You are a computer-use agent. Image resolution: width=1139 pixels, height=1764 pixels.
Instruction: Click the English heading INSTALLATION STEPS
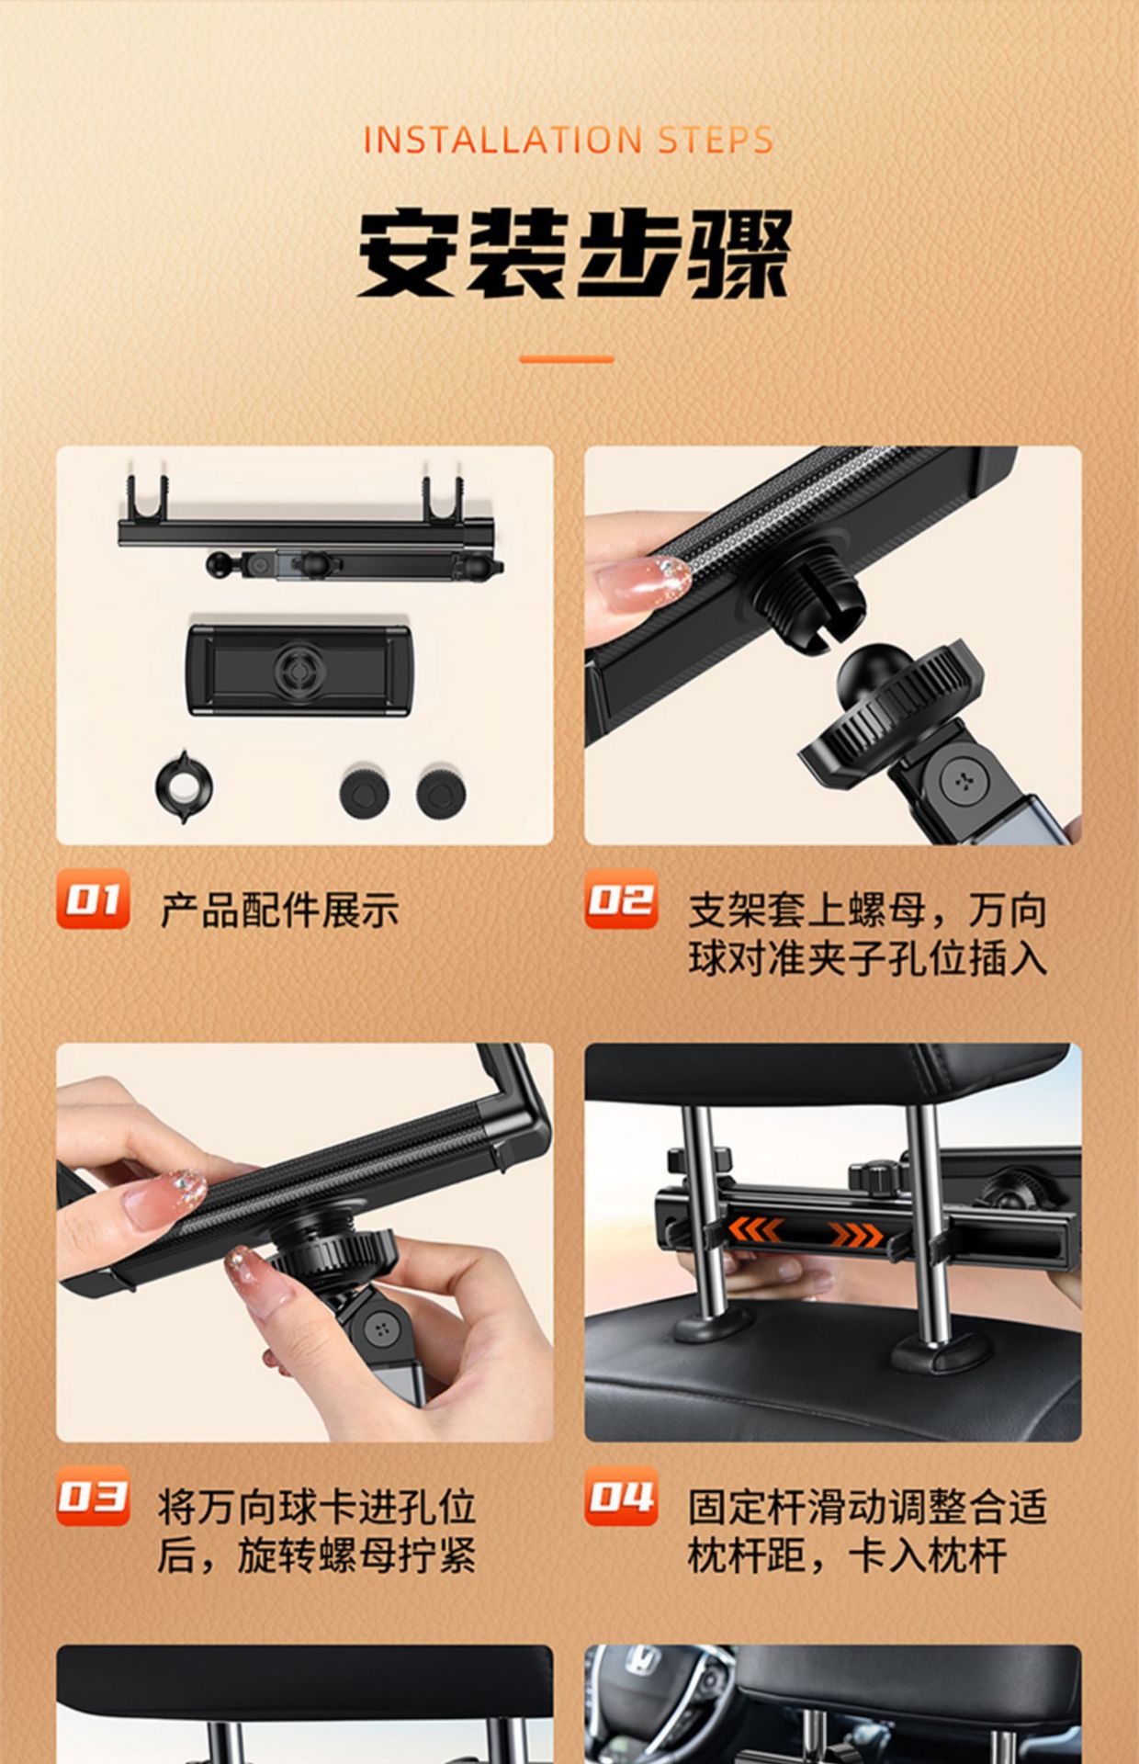coord(569,141)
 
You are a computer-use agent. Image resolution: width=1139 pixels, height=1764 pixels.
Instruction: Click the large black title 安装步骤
coord(573,254)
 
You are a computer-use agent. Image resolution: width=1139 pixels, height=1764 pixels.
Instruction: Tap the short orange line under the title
coord(567,359)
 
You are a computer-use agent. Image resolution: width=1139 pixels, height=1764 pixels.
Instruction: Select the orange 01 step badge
coord(93,899)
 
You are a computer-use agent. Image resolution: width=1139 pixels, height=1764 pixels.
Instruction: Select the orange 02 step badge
coord(621,899)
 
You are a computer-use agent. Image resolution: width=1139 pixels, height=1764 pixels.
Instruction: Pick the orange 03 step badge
coord(93,1496)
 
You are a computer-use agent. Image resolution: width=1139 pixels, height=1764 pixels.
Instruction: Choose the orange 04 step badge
coord(621,1496)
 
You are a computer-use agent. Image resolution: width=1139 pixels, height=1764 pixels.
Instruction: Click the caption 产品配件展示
coord(280,910)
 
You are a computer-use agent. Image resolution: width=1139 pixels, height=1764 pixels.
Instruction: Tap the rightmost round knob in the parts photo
coord(441,791)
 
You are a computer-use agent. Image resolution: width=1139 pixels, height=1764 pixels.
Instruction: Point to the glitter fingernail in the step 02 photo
coord(643,580)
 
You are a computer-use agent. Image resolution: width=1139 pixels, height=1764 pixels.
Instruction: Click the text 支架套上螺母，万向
coord(868,910)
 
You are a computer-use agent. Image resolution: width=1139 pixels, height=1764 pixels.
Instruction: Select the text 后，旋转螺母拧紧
coord(317,1555)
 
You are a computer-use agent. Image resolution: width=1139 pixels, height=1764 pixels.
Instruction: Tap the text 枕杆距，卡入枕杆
coord(848,1555)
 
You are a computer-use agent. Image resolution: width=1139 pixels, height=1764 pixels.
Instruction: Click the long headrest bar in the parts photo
coord(307,531)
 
